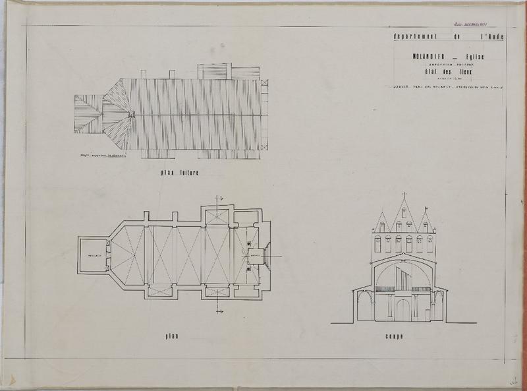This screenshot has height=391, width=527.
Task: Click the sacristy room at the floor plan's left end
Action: click(x=92, y=255)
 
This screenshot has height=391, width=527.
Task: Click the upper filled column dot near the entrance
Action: click(x=249, y=244)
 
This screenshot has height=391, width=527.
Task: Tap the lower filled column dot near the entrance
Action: click(x=249, y=268)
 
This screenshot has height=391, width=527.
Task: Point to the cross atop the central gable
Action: click(x=404, y=196)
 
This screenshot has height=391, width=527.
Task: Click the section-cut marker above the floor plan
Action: click(x=221, y=197)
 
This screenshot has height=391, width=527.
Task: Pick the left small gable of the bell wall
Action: click(x=381, y=222)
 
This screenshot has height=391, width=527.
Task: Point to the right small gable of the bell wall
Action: click(x=426, y=222)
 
